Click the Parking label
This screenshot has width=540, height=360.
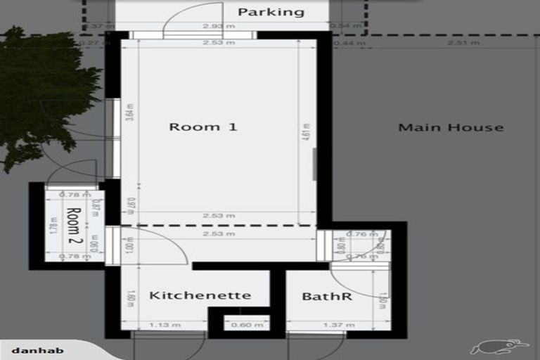(271, 12)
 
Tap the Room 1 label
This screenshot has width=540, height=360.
(203, 127)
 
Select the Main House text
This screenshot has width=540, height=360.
(451, 128)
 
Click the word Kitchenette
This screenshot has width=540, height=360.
(200, 295)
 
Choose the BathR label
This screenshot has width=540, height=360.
(326, 297)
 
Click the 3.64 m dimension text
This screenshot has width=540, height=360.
(130, 112)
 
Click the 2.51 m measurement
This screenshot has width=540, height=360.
(464, 44)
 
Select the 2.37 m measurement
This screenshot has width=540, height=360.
(94, 27)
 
